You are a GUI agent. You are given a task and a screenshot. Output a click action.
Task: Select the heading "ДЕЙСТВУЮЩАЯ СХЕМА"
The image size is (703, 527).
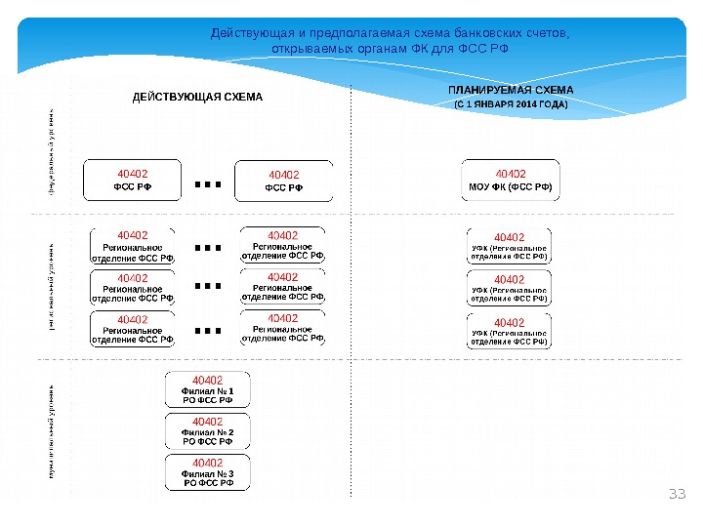tap(198, 98)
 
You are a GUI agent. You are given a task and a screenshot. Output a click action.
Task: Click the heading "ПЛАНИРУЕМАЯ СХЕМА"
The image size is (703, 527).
tap(511, 90)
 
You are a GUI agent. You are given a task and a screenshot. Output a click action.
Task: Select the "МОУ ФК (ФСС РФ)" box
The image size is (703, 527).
tap(511, 180)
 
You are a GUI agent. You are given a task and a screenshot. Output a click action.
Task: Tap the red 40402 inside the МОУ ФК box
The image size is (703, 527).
tap(511, 173)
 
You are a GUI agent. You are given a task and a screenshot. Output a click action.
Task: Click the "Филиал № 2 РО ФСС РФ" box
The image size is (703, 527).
tap(208, 430)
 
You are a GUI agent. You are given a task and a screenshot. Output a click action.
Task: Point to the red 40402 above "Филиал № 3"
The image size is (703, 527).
tap(208, 462)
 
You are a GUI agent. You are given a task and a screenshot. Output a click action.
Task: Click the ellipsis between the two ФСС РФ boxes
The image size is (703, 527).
tap(208, 182)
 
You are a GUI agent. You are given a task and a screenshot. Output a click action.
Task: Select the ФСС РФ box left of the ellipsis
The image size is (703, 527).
tap(132, 180)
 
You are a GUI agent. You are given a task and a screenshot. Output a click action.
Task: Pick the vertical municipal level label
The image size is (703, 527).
tap(52, 429)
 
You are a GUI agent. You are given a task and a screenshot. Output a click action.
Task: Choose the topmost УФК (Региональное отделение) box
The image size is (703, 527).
tap(510, 247)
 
